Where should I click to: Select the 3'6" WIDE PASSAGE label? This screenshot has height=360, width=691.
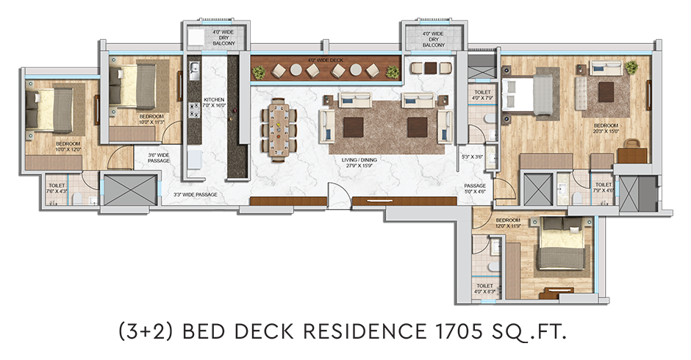coord(159,158)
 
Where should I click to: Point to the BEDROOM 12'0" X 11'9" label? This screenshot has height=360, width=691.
coord(508,224)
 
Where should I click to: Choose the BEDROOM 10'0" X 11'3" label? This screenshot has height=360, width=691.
coord(151,120)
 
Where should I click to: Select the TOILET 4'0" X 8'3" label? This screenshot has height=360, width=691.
coord(484,289)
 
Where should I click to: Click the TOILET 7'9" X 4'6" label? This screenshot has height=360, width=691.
coord(603,188)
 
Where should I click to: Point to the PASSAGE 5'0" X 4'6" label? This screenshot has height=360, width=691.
coord(476,188)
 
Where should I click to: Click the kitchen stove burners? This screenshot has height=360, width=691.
coord(193,111)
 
